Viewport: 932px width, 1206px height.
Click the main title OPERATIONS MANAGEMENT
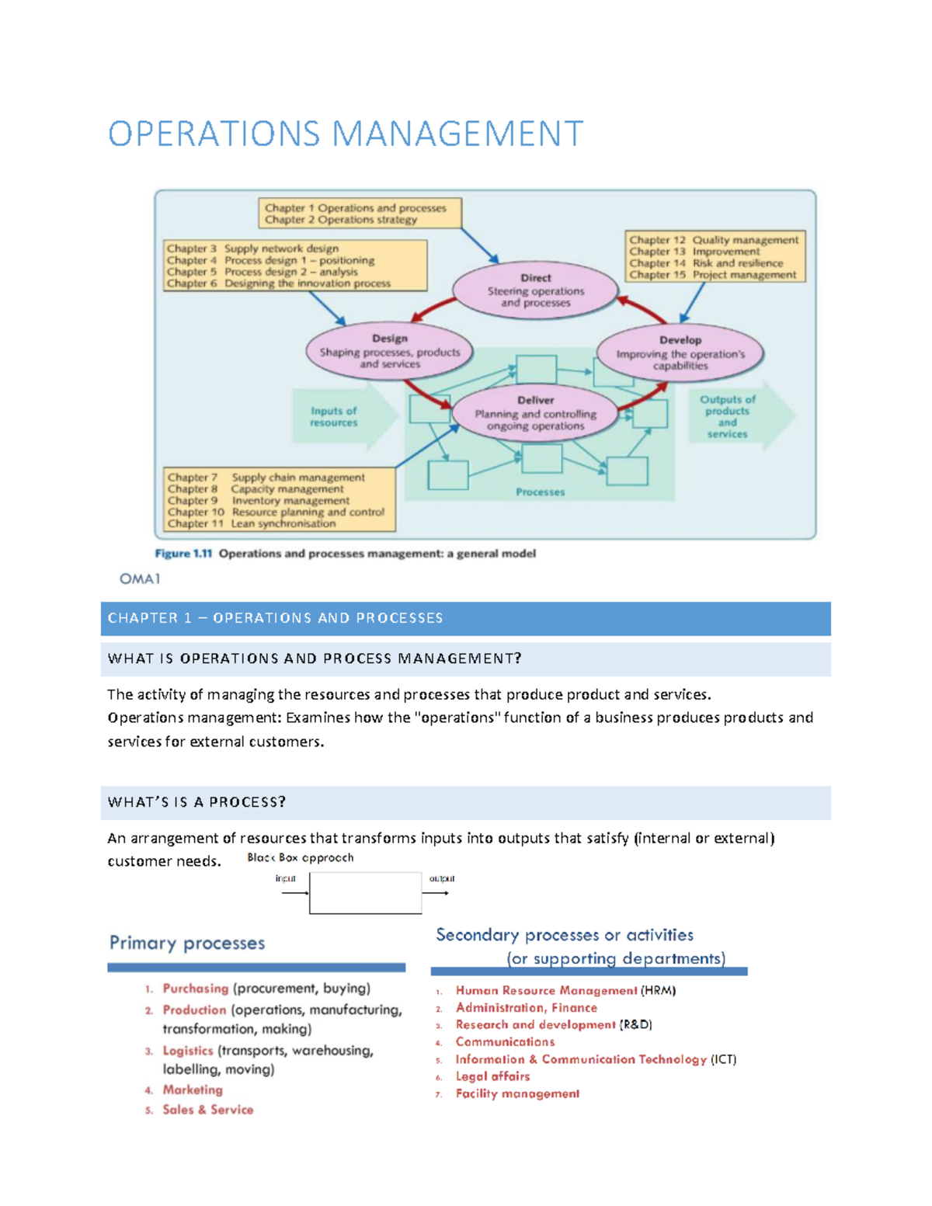(346, 134)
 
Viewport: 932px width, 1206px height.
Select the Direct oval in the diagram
(535, 290)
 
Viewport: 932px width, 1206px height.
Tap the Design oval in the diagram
(389, 351)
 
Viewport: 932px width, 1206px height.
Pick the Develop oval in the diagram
(680, 353)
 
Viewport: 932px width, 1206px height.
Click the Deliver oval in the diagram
(535, 413)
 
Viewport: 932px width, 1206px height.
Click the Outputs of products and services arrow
(734, 417)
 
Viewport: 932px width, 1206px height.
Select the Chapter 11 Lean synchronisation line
(252, 524)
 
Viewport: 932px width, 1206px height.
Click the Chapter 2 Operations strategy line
(341, 220)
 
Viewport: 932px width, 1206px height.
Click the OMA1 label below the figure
(140, 579)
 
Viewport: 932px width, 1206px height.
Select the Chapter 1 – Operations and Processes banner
(465, 618)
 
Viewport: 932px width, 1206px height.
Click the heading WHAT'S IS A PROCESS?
(197, 802)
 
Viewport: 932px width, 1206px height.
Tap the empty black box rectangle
(365, 892)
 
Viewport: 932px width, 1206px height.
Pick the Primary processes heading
(187, 943)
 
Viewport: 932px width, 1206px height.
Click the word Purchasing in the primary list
(196, 989)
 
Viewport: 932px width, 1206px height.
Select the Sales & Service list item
(208, 1110)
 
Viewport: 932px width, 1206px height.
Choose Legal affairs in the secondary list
(492, 1076)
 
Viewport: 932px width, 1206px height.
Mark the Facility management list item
(517, 1093)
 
